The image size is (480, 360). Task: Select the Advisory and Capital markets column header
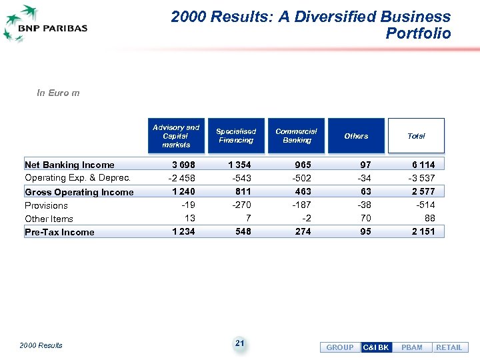(176, 136)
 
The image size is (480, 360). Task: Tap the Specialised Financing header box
(236, 136)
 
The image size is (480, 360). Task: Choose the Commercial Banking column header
(297, 136)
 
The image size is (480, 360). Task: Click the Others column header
(356, 136)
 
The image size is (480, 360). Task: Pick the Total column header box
(416, 136)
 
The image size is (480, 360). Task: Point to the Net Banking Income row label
(69, 165)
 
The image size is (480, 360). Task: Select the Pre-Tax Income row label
(59, 232)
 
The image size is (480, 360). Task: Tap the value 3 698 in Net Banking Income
(183, 165)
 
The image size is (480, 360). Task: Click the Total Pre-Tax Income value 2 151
(422, 231)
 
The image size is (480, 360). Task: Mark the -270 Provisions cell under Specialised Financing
(241, 205)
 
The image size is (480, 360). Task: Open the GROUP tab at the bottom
(340, 347)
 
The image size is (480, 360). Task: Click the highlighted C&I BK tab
(376, 347)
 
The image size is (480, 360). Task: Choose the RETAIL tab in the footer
(449, 347)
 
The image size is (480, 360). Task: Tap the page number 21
(240, 343)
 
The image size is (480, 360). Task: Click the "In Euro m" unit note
(58, 93)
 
